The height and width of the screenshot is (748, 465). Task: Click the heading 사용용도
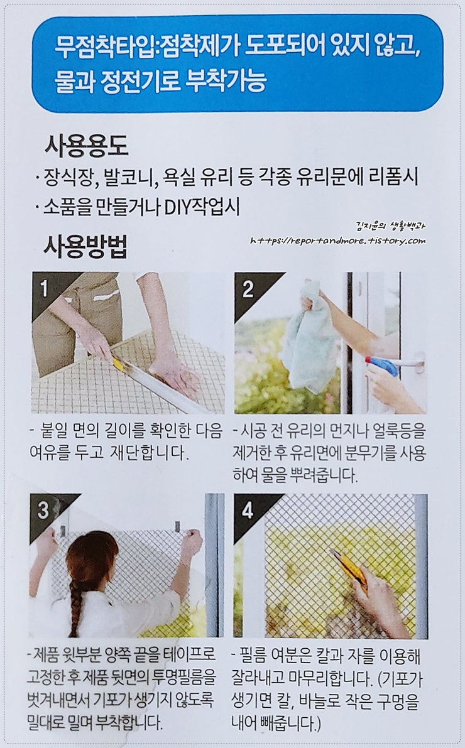tap(87, 146)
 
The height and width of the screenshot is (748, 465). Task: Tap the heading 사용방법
tap(86, 246)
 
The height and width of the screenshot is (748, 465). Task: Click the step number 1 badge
tap(45, 288)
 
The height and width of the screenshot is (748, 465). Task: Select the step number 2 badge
tap(248, 289)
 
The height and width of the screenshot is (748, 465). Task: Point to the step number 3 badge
tap(43, 511)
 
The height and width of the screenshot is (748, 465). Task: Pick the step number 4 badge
tap(248, 511)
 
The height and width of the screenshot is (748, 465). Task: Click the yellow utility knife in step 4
tap(349, 570)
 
